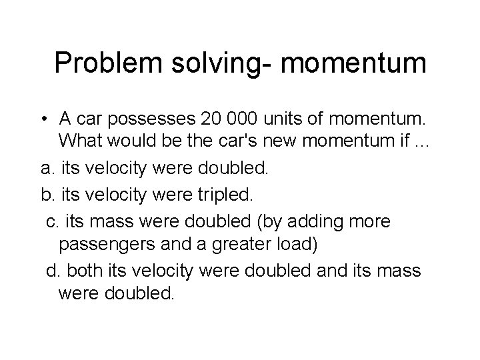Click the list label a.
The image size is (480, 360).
[45, 169]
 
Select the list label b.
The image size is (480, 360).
[45, 194]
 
